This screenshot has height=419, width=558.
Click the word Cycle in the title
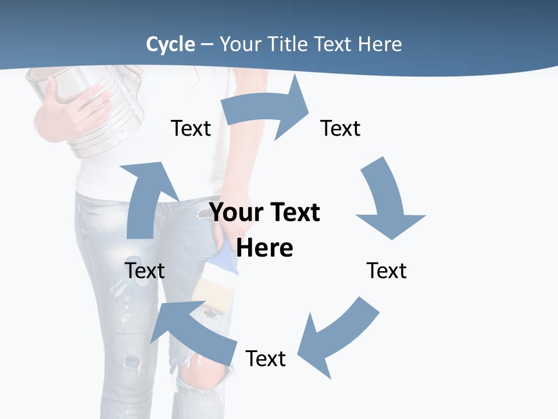[170, 44]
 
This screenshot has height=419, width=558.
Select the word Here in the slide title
[380, 44]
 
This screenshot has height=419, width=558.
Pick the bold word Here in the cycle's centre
[264, 248]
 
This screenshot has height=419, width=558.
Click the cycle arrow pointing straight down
[389, 201]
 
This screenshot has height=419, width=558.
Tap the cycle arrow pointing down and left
[337, 338]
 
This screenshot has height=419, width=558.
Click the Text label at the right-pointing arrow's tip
[341, 128]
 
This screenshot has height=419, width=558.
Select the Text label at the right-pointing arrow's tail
[191, 128]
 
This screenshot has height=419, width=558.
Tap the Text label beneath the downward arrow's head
[387, 271]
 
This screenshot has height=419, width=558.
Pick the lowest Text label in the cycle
[266, 358]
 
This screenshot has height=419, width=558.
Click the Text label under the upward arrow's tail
[145, 271]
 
